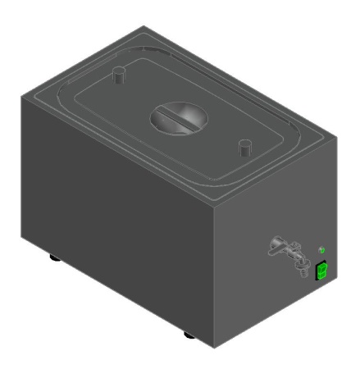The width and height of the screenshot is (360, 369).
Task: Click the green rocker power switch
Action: tap(322, 269)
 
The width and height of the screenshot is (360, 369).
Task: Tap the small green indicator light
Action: tap(321, 248)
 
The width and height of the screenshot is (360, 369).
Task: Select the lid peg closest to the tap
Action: tap(244, 148)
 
